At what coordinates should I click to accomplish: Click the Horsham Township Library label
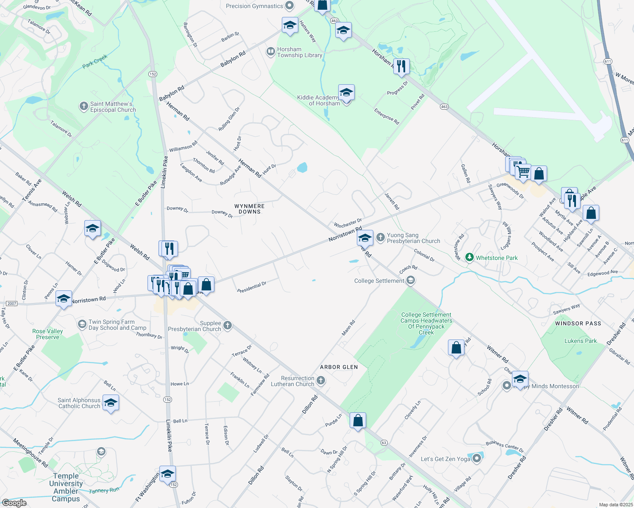299,52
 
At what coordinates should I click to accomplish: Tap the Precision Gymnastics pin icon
289,6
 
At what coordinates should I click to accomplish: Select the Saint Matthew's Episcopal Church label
113,107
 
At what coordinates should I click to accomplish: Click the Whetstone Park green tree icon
469,257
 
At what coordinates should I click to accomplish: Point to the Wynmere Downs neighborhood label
250,209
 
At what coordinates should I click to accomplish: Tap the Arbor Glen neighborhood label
339,367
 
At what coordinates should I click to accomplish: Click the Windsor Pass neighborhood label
578,323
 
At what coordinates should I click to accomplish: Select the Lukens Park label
581,341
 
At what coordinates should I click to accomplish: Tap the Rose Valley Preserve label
47,334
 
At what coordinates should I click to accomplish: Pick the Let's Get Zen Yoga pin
477,458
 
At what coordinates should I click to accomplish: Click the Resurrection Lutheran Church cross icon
321,381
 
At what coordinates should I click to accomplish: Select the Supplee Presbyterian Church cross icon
228,326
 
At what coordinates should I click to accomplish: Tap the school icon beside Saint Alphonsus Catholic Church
111,403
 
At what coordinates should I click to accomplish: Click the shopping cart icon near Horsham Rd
523,172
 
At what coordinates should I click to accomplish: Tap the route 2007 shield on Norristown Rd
11,304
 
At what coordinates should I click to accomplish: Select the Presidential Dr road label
252,287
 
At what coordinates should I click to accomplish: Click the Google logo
14,503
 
